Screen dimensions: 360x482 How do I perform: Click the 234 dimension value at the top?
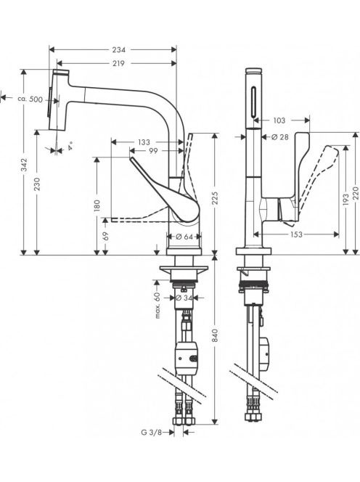click(118, 49)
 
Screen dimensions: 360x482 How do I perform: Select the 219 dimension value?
click(118, 63)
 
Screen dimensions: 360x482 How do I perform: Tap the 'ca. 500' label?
click(30, 99)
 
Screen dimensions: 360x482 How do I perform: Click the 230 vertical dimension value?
click(37, 184)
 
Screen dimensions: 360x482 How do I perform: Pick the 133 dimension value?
click(144, 142)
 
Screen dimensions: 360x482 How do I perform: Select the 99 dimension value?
click(153, 151)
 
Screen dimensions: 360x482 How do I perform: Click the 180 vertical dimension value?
click(97, 205)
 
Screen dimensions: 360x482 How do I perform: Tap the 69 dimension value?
click(105, 236)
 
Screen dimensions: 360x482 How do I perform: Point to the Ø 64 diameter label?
click(184, 237)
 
